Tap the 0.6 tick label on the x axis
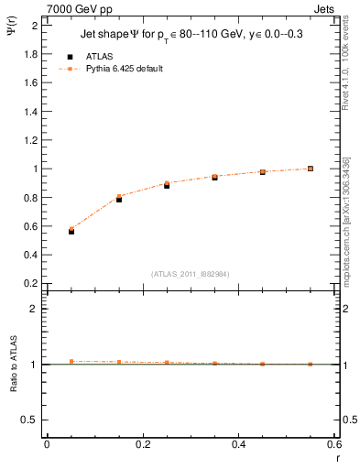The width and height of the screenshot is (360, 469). pyautogui.click(x=333, y=444)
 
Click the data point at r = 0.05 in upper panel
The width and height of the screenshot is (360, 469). pyautogui.click(x=71, y=231)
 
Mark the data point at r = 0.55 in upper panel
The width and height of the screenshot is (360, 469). pyautogui.click(x=311, y=169)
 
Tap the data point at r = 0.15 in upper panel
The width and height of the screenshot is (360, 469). pyautogui.click(x=119, y=198)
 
